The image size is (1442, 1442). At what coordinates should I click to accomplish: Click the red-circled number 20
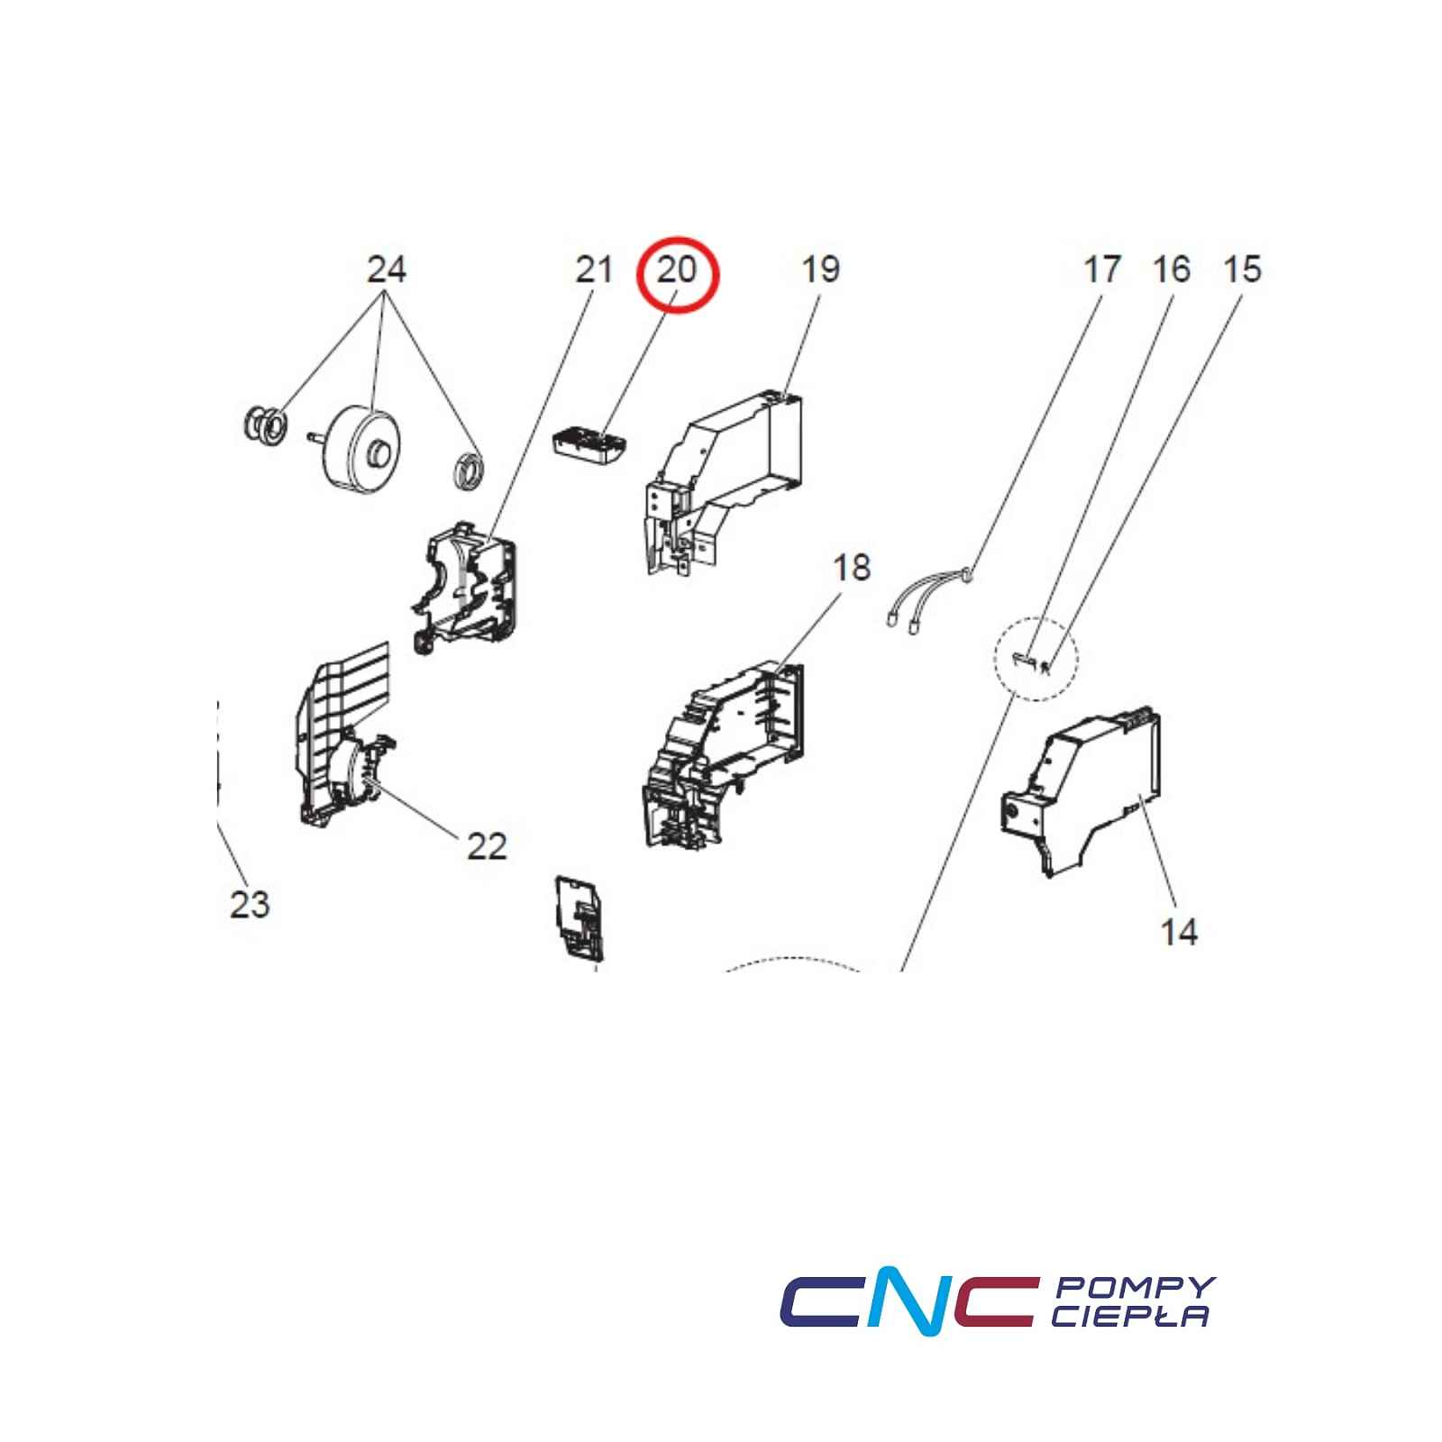[677, 269]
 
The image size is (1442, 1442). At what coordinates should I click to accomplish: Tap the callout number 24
[387, 269]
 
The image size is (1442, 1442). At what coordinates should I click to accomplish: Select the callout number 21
[594, 269]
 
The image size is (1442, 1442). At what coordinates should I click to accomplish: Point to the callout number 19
[820, 269]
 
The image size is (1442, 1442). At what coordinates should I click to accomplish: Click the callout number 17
[1101, 269]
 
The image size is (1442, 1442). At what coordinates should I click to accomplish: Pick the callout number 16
[1172, 269]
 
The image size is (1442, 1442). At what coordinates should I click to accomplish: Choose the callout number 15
[1243, 269]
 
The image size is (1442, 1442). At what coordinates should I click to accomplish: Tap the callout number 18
[852, 568]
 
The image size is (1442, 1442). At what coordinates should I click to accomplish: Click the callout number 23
[250, 903]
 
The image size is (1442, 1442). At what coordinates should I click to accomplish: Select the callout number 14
[1179, 931]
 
